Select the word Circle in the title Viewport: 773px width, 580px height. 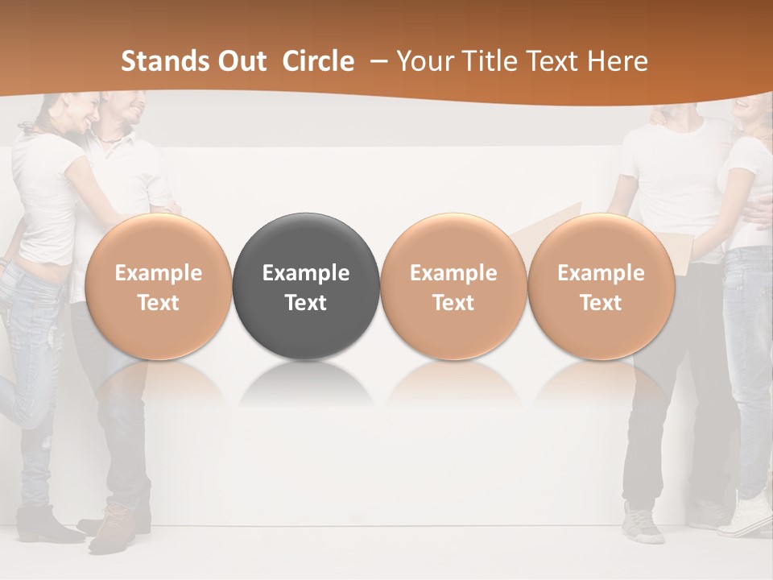(x=318, y=61)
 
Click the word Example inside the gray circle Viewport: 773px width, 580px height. (x=306, y=273)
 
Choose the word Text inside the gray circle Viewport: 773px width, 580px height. (x=306, y=303)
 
